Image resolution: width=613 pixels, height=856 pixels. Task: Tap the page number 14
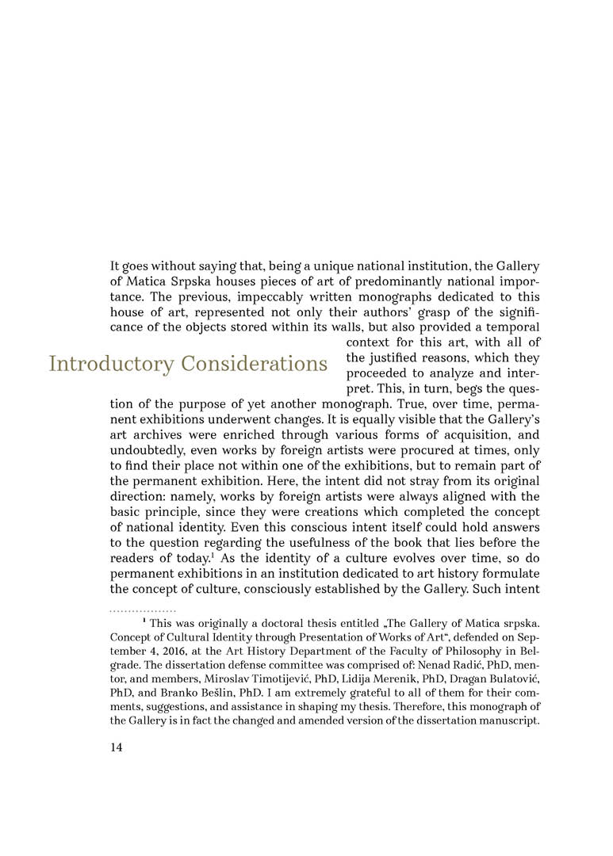[x=117, y=747]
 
